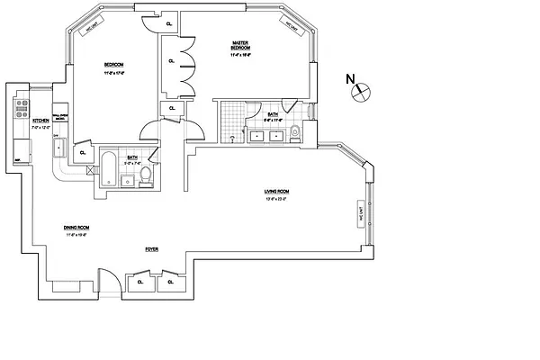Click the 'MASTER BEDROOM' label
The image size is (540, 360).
[241, 46]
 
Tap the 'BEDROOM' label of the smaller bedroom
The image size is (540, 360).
[113, 64]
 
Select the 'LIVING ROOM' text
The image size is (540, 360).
[274, 191]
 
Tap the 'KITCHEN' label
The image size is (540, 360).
[40, 121]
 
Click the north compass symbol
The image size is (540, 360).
[364, 90]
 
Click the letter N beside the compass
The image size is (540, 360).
[350, 79]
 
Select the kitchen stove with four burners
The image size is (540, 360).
[19, 111]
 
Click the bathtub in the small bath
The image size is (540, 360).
[107, 172]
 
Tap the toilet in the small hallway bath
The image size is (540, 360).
[146, 182]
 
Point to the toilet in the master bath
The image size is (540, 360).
[295, 135]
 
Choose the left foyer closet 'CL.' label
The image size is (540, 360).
[139, 282]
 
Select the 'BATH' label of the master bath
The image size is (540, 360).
[272, 113]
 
